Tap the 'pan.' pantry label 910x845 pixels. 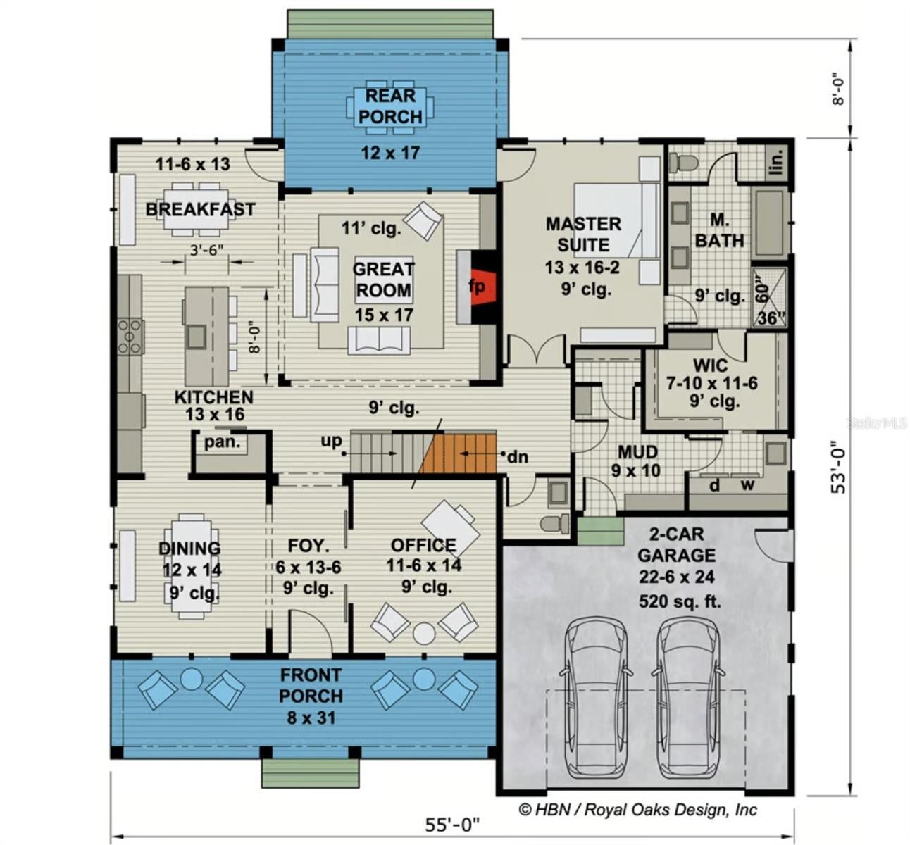pos(223,442)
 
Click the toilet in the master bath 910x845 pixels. pos(682,163)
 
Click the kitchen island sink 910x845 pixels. pos(197,337)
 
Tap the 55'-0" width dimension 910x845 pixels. pos(451,825)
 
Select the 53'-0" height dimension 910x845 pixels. pos(838,467)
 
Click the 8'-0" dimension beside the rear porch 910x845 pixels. pos(837,90)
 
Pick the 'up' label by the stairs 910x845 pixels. pos(332,442)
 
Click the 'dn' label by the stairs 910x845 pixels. pos(518,457)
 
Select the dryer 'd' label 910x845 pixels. pos(714,485)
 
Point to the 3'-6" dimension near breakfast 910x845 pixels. pos(206,251)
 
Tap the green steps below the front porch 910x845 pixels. pos(310,773)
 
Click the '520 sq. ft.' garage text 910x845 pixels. pos(680,601)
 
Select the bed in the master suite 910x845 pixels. pos(616,220)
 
